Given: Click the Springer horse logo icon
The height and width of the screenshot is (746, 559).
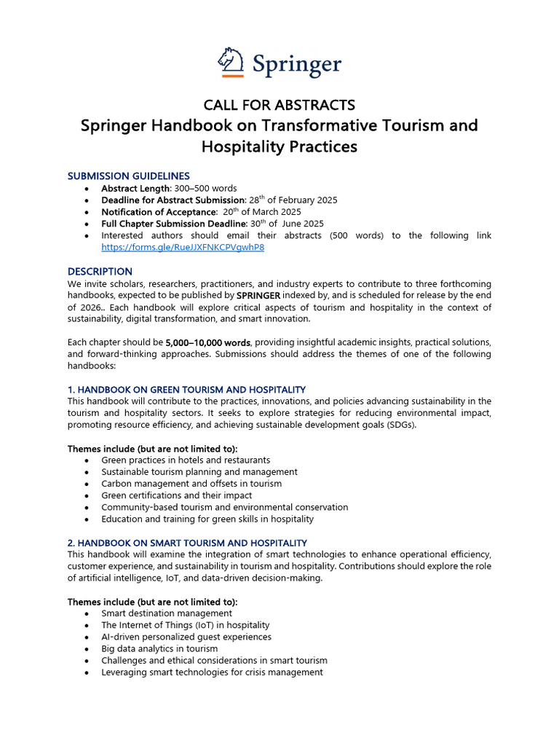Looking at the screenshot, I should tap(231, 61).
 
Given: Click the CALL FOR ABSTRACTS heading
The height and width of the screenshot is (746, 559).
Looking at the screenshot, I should tap(279, 105).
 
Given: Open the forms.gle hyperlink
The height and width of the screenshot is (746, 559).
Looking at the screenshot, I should tap(182, 248).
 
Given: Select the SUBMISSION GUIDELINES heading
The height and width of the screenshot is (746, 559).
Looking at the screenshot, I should tap(129, 176).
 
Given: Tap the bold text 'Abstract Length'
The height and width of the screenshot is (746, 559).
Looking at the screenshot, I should tap(136, 188).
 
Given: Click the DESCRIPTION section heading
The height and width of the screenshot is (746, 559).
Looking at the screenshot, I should tap(100, 271).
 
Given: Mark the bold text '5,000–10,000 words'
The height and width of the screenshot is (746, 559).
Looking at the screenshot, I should tap(208, 342).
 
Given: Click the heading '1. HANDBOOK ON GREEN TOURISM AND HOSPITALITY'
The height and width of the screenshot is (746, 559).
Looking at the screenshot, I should tap(186, 390).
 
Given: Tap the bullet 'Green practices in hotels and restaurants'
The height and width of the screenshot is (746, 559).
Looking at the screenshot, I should tap(186, 460).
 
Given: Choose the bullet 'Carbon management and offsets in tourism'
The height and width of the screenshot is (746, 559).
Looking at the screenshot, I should tap(191, 484).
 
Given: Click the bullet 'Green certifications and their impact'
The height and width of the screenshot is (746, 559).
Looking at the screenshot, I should tap(182, 495).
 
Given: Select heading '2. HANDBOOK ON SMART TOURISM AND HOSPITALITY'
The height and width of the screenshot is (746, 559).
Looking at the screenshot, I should tap(187, 543).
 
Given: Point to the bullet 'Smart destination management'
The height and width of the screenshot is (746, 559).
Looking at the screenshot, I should tap(167, 613).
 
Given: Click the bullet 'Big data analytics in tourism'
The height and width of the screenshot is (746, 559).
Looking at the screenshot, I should tap(159, 648).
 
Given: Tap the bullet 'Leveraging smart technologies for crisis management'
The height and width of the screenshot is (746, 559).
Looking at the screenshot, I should tap(212, 672).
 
